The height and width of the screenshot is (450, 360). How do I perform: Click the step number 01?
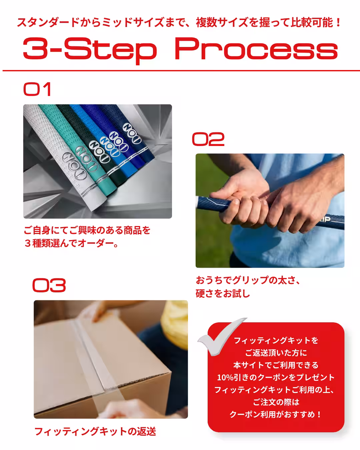pyautogui.click(x=37, y=89)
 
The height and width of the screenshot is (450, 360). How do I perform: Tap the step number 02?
pyautogui.click(x=208, y=139)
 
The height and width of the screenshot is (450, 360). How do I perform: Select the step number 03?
pyautogui.click(x=49, y=286)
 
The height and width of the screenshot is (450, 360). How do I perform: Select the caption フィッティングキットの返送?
pyautogui.click(x=95, y=432)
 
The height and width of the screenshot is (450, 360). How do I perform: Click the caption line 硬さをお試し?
pyautogui.click(x=223, y=294)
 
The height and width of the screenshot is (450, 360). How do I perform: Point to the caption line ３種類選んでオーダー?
pyautogui.click(x=71, y=243)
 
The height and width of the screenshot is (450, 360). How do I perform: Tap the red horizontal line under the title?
pyautogui.click(x=180, y=71)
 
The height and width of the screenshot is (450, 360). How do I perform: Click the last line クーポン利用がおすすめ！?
pyautogui.click(x=276, y=414)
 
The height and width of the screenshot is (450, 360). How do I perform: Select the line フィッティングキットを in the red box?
pyautogui.click(x=276, y=340)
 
